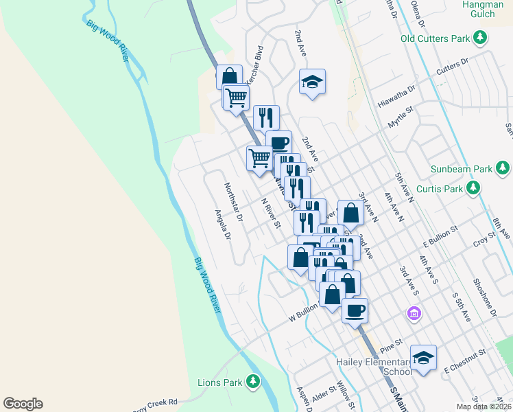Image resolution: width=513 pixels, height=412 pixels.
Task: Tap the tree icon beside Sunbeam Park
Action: click(x=503, y=168)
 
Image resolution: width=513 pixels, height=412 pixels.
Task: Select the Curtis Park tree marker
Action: click(x=473, y=187)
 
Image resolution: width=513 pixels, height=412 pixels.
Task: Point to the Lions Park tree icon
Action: click(x=254, y=381)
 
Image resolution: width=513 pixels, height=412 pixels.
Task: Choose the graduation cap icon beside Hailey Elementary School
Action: click(x=423, y=358)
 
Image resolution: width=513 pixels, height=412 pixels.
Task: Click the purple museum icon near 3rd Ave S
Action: click(x=414, y=314)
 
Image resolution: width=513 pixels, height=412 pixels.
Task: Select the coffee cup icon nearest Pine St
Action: click(x=355, y=310)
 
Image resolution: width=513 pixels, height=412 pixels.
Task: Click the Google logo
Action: click(x=23, y=404)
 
